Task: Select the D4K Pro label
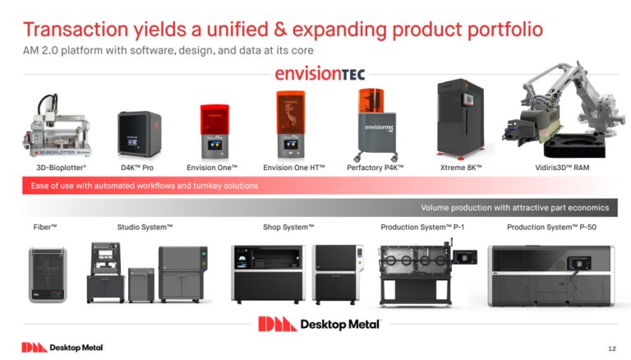point(137,168)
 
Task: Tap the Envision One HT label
point(294,168)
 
